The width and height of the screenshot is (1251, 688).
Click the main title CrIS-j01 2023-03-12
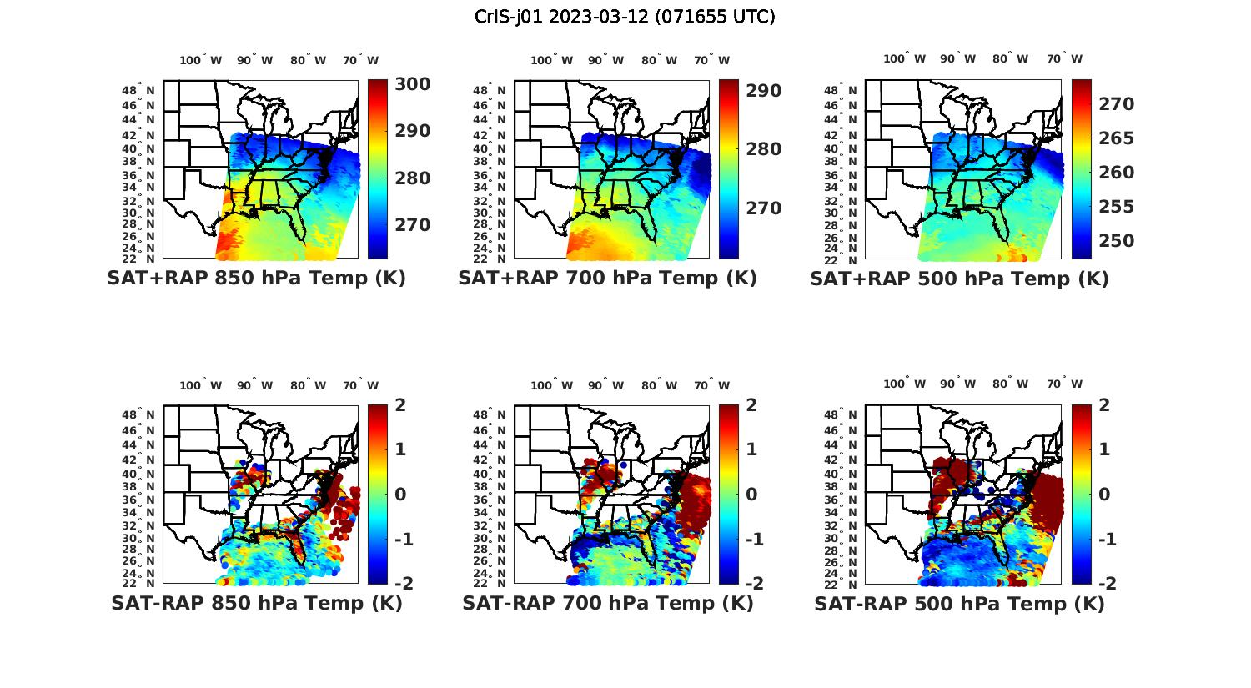(x=625, y=17)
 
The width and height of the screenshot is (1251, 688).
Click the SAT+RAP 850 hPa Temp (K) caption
(x=256, y=279)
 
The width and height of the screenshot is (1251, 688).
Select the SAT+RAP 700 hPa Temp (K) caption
(x=607, y=279)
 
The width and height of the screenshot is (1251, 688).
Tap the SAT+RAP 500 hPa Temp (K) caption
(x=959, y=279)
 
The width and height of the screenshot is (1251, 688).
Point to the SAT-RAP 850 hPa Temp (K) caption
(x=256, y=604)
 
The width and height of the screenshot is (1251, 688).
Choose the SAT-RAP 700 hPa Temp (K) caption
(x=607, y=604)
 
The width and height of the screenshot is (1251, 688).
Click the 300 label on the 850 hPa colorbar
(x=412, y=84)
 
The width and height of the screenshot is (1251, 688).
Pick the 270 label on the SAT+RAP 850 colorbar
(x=412, y=225)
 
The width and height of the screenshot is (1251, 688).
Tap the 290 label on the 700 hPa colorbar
(x=763, y=90)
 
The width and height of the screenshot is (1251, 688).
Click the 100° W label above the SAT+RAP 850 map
(x=201, y=60)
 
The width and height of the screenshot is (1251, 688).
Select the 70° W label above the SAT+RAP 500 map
(x=1064, y=58)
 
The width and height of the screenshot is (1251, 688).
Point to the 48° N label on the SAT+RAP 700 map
(x=490, y=90)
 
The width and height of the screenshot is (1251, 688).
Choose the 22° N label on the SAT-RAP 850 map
(x=138, y=583)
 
